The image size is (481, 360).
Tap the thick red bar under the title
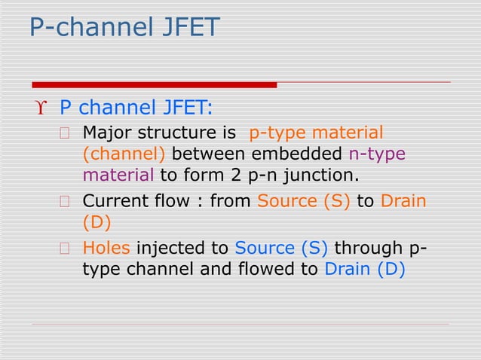[155, 84]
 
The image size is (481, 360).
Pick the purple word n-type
[377, 155]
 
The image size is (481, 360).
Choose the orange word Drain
[404, 202]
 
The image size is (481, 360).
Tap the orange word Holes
[106, 248]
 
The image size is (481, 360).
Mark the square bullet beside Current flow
[66, 203]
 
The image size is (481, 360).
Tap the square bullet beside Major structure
[66, 134]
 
